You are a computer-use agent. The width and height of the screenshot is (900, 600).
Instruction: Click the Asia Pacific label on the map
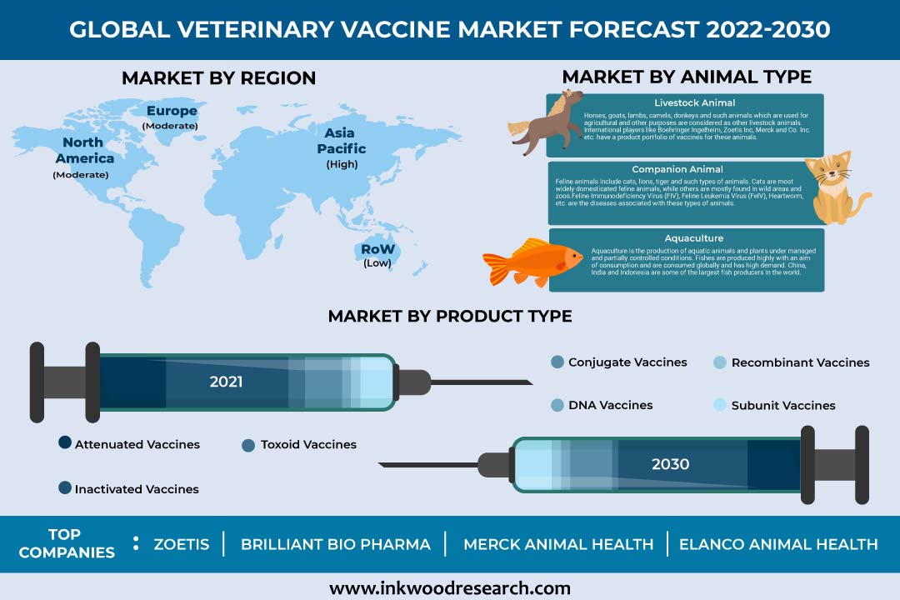click(x=342, y=141)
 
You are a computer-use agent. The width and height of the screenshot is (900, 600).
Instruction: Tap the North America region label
click(x=85, y=150)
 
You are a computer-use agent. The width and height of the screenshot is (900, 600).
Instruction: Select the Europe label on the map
click(x=172, y=110)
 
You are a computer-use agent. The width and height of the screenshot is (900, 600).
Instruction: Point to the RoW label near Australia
click(x=377, y=249)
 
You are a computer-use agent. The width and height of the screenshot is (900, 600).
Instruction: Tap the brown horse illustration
click(x=545, y=122)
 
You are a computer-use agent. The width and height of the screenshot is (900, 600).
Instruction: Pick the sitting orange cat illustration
click(x=836, y=187)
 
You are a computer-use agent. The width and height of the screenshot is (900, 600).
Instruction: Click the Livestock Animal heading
click(x=694, y=102)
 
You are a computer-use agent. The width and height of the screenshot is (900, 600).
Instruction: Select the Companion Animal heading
click(x=677, y=169)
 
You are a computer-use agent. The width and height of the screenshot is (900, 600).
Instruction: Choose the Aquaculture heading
click(x=694, y=238)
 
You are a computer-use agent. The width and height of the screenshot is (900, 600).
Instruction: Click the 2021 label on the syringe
click(x=226, y=382)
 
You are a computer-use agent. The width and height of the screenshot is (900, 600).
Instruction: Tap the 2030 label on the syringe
click(x=670, y=464)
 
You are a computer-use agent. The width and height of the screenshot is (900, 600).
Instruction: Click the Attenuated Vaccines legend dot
click(x=65, y=442)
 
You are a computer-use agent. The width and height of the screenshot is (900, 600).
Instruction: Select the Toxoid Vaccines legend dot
click(x=248, y=446)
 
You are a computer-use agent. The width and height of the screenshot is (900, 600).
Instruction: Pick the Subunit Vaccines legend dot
click(x=720, y=405)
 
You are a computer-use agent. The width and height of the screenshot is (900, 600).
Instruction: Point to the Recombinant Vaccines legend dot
click(x=720, y=362)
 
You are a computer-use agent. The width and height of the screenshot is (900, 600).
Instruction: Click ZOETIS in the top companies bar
click(x=182, y=544)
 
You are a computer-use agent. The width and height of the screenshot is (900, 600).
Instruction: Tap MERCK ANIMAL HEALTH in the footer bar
click(x=558, y=544)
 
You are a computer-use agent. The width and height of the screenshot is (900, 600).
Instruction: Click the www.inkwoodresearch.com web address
click(x=450, y=588)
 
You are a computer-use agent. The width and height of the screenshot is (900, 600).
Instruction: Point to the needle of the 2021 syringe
click(x=482, y=382)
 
